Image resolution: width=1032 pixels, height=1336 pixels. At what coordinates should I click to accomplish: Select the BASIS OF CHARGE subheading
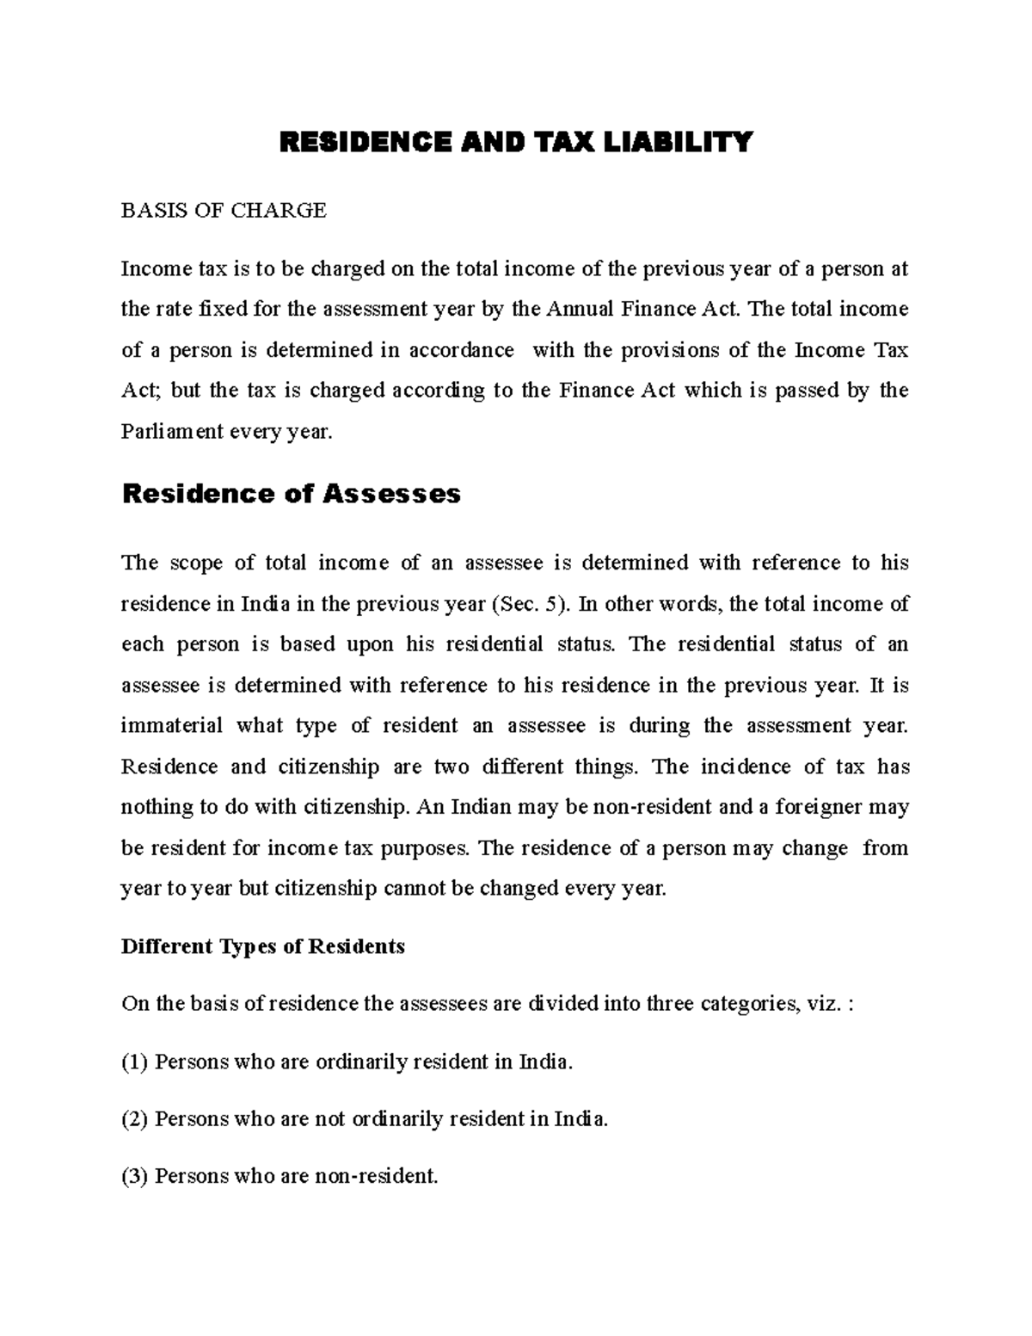(x=224, y=211)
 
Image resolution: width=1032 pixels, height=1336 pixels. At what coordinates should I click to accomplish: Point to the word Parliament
(x=172, y=432)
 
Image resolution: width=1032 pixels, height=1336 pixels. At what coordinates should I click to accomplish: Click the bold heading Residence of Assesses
(x=292, y=495)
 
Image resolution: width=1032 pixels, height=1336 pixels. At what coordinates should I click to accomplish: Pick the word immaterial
(x=172, y=726)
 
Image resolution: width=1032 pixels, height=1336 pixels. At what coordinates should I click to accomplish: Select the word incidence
(x=745, y=767)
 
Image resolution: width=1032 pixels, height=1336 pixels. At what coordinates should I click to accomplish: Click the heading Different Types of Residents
(x=262, y=947)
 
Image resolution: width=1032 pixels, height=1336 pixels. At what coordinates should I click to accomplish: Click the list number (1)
(x=135, y=1062)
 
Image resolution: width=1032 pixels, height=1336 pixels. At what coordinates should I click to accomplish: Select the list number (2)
(x=135, y=1119)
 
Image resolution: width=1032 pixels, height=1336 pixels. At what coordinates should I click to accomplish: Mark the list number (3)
(x=135, y=1176)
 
